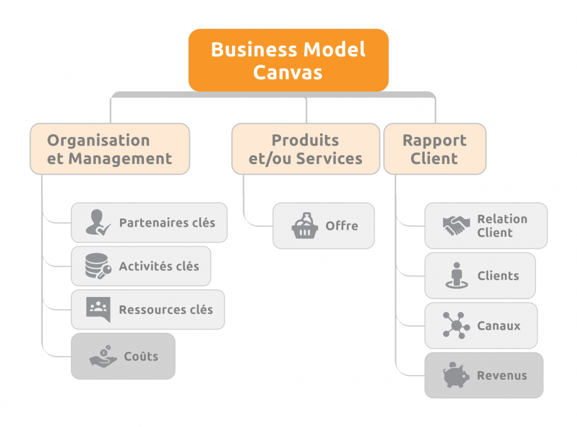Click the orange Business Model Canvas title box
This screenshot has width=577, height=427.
[x=288, y=60]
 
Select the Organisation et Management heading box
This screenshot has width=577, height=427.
[x=109, y=149]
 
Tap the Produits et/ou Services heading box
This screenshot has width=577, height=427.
[x=305, y=149]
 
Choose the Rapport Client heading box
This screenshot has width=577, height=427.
[x=434, y=149]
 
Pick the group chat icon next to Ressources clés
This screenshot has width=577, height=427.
[x=98, y=309]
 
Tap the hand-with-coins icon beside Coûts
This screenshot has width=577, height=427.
[x=102, y=356]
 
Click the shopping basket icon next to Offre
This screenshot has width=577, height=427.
[x=305, y=225]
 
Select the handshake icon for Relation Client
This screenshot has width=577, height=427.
[x=456, y=225]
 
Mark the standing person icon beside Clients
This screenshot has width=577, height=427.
[x=456, y=276]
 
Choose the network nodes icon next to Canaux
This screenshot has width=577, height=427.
[x=456, y=326]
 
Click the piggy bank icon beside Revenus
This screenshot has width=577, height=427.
[x=456, y=376]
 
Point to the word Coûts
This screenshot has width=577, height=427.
[x=141, y=356]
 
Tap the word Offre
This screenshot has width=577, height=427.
[x=342, y=225]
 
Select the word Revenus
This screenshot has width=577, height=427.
[x=502, y=376]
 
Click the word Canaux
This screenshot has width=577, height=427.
[x=498, y=326]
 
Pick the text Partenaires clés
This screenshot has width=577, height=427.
[x=167, y=222]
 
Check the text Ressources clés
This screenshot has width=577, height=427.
[x=166, y=309]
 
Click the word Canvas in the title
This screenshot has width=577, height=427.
[x=288, y=72]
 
